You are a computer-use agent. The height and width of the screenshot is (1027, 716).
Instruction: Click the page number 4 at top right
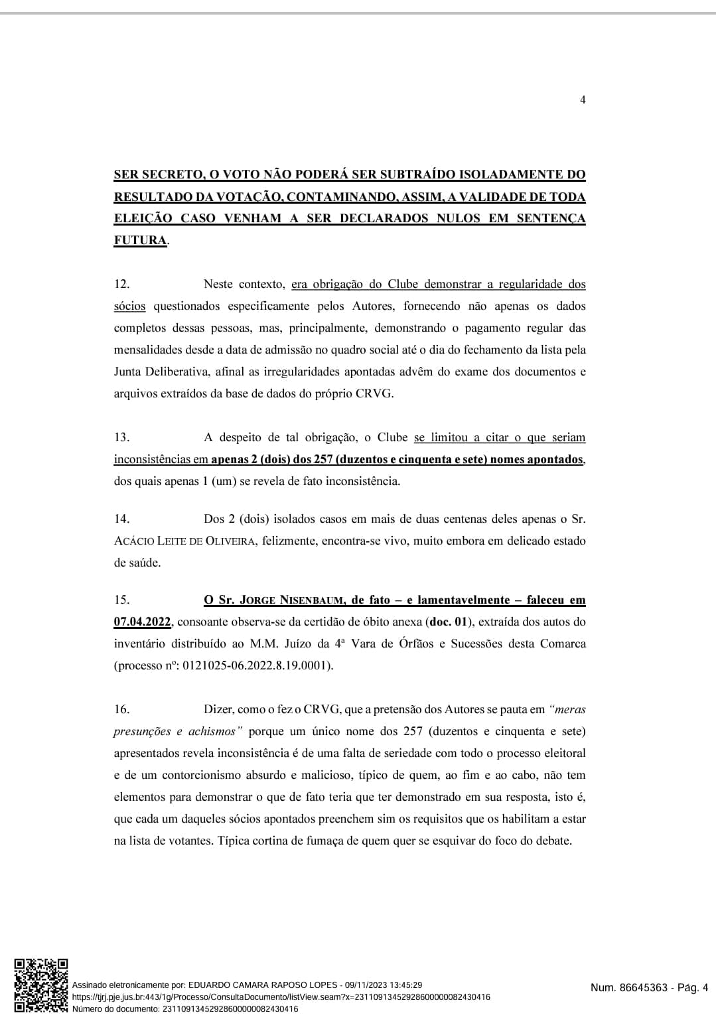[x=583, y=100]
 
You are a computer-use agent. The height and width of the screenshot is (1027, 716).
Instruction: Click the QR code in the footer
[x=41, y=985]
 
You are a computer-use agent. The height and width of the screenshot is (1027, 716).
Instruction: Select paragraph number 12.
[x=121, y=284]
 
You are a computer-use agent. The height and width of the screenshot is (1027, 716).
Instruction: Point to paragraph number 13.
[x=121, y=437]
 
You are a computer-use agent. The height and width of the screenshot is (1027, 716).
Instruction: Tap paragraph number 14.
[x=121, y=519]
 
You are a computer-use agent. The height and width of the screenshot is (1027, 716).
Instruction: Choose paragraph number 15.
[x=121, y=600]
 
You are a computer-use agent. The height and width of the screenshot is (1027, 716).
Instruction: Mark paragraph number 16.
[x=121, y=709]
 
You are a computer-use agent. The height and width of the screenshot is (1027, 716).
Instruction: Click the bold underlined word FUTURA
[x=140, y=240]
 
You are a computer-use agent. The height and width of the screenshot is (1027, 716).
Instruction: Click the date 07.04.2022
[x=143, y=622]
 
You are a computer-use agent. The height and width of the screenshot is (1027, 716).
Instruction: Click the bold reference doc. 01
[x=449, y=622]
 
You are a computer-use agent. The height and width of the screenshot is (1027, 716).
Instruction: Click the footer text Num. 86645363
[x=628, y=988]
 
